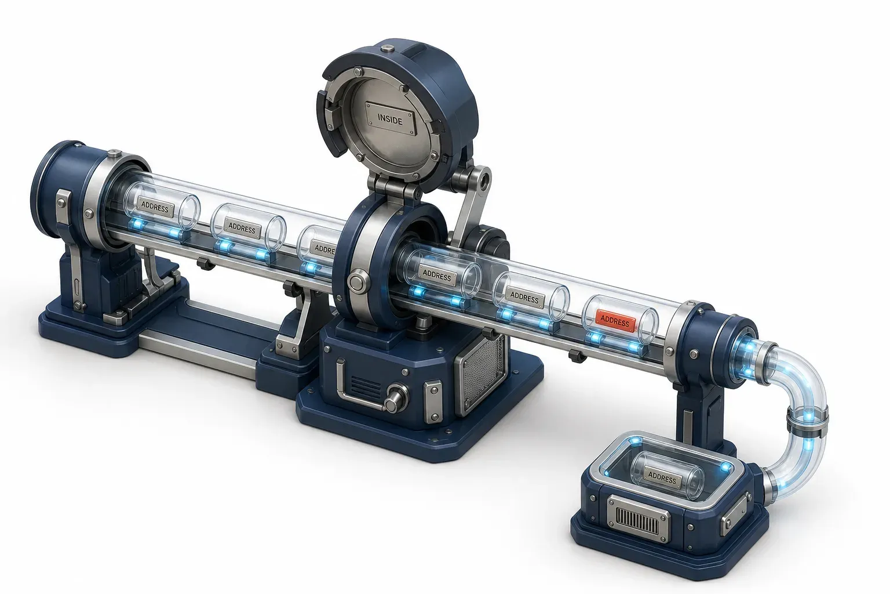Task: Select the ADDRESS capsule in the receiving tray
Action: (x=667, y=476)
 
